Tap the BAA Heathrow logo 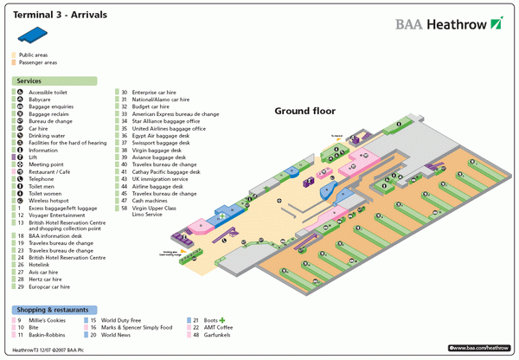448,23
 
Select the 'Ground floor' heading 304,111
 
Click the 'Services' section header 29,80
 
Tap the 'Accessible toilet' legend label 48,93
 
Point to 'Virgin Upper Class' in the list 154,208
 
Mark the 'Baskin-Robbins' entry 48,335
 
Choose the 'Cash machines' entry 153,201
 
